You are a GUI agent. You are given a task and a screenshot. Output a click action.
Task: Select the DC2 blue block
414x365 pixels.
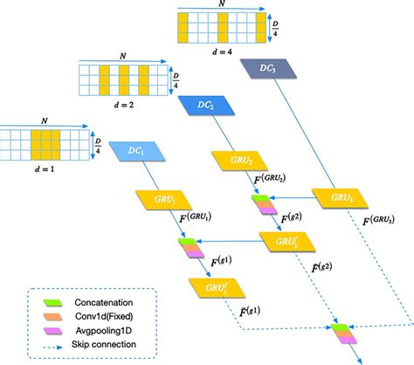[207, 105]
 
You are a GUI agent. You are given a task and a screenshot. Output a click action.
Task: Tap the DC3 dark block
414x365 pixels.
[268, 68]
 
